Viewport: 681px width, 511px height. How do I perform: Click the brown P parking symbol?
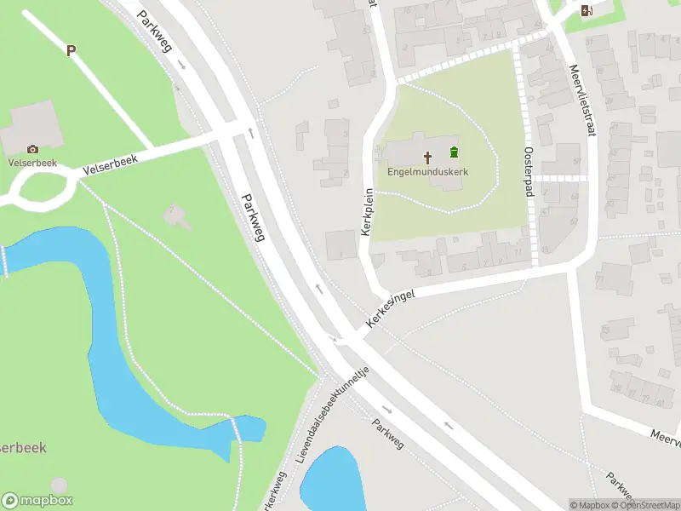(x=72, y=50)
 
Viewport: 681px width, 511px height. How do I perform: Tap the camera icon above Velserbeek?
(x=32, y=149)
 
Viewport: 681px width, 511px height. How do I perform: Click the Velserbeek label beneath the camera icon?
(x=32, y=162)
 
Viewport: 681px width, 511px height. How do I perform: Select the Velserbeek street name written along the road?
(x=110, y=162)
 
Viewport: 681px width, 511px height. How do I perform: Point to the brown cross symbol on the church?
(x=427, y=156)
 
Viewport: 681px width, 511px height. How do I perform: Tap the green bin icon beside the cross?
(x=454, y=152)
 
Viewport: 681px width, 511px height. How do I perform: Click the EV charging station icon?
(x=586, y=10)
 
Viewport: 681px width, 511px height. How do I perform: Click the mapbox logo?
(x=37, y=501)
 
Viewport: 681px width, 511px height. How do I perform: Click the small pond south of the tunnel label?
(x=330, y=479)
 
